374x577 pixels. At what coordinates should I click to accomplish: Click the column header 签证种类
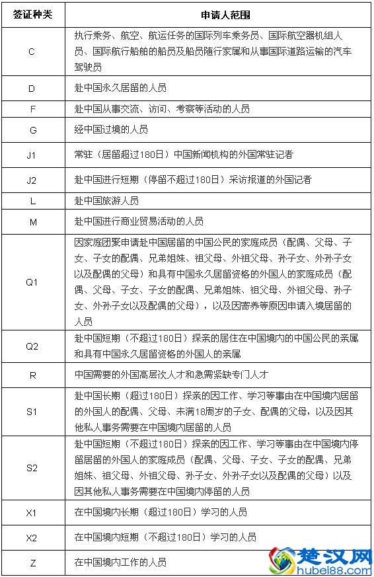(33, 14)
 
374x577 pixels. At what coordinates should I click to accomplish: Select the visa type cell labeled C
(33, 52)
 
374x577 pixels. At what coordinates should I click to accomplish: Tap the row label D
(33, 87)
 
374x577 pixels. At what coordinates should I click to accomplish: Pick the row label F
(33, 109)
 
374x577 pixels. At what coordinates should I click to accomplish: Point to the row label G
(33, 130)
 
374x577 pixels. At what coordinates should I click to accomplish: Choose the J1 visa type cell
(33, 155)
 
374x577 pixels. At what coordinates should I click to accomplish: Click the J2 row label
(33, 179)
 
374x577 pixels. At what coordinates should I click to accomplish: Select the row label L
(33, 200)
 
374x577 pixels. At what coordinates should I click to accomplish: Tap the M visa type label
(33, 222)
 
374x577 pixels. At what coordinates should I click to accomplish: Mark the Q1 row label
(33, 282)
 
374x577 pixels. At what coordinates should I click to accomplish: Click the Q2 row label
(33, 346)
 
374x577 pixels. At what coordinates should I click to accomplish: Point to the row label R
(33, 374)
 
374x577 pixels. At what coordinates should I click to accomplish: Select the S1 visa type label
(33, 411)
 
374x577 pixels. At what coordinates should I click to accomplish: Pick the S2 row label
(33, 467)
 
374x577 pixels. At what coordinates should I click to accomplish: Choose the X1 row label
(33, 512)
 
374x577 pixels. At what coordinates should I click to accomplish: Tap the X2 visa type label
(33, 537)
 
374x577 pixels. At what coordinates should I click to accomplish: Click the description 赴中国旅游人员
(106, 200)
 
